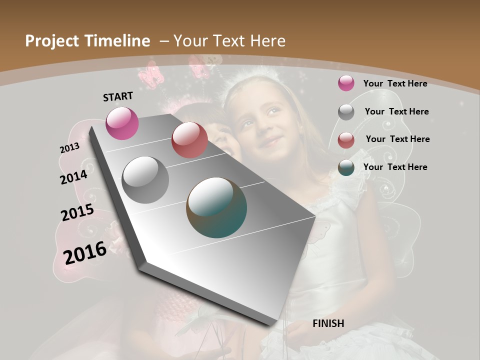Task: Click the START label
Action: (118, 96)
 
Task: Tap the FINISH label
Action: (328, 323)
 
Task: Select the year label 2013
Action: (69, 148)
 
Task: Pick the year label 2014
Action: (73, 177)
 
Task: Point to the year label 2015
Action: (77, 212)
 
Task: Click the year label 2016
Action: (85, 252)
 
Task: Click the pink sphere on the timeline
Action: (122, 123)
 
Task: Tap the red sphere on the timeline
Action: (189, 140)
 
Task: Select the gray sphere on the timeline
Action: (145, 180)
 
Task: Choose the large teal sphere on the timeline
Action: (216, 207)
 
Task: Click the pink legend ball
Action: (346, 83)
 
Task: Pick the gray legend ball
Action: (346, 112)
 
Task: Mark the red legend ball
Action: (346, 140)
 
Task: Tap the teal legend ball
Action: (346, 167)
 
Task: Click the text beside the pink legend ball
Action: (395, 83)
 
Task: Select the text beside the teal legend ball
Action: (395, 167)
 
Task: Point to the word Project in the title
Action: (51, 41)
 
